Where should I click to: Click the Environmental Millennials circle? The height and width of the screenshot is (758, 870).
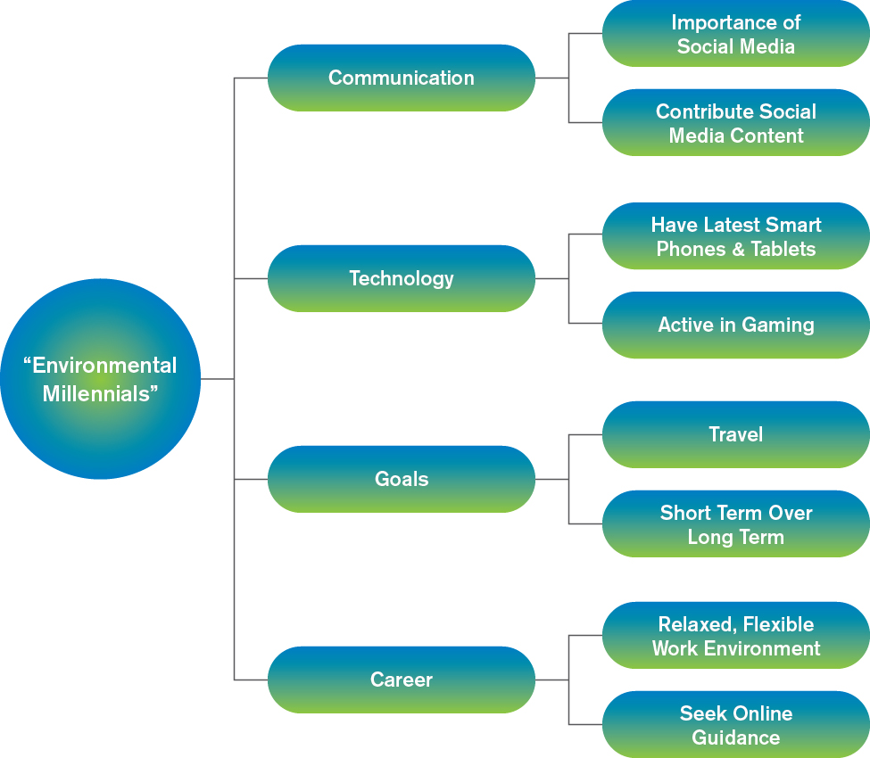tap(101, 379)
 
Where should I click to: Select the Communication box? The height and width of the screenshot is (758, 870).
tap(402, 78)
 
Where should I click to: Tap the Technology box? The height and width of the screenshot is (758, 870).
tap(402, 278)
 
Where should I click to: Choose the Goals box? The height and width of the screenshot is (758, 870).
tap(402, 479)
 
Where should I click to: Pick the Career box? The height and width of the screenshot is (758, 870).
tap(402, 680)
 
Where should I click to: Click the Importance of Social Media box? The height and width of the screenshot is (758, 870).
tap(736, 33)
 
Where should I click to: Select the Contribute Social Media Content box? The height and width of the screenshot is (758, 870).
tap(736, 122)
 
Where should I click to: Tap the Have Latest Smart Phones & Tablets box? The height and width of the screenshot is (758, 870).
tap(736, 236)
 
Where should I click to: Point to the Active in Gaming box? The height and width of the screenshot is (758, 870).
tap(736, 325)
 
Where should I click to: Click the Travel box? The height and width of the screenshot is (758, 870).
tap(736, 434)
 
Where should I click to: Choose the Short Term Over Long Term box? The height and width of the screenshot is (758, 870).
tap(736, 524)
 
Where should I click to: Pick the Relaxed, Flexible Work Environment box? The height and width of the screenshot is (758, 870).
tap(736, 636)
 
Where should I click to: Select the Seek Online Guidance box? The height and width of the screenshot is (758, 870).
tap(736, 725)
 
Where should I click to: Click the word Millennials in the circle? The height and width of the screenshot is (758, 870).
tap(96, 393)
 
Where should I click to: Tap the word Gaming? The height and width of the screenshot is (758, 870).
tap(778, 325)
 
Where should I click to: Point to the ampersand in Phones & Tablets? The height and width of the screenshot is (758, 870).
tap(738, 249)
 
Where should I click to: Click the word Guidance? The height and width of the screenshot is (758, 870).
tap(736, 737)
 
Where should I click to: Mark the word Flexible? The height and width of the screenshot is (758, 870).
tap(778, 624)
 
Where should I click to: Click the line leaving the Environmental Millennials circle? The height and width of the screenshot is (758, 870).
tap(218, 379)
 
